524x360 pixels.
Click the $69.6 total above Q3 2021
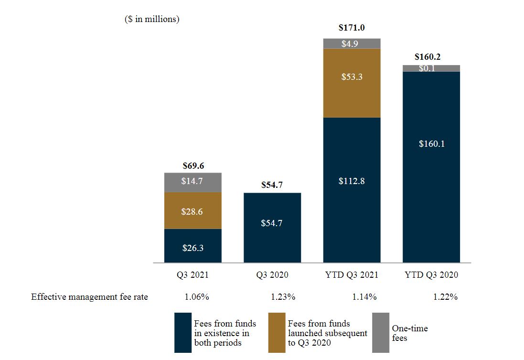coord(193,166)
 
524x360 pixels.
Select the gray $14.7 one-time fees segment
coord(193,182)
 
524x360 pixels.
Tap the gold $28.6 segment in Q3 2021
coord(193,211)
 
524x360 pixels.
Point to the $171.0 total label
coord(352,28)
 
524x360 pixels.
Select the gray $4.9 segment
coord(352,44)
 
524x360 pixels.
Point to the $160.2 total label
coord(428,57)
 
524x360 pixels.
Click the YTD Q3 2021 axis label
coord(352,275)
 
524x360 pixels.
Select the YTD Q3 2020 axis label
coord(431,275)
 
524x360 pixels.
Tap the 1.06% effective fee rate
coord(197,297)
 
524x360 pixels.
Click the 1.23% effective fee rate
coord(283,297)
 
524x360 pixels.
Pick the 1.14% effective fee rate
coord(364,297)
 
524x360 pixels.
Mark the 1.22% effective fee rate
coord(445,297)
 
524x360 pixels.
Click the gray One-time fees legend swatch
coord(380,332)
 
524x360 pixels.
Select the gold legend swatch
coord(277,332)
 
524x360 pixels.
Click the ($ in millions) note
coord(152,20)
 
